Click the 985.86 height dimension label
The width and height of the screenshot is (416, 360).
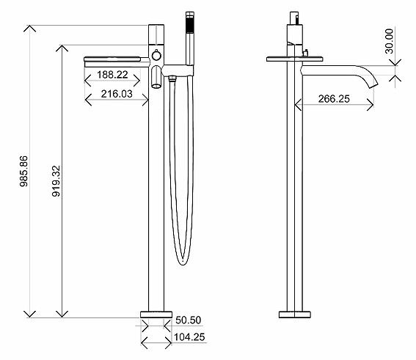click(24, 172)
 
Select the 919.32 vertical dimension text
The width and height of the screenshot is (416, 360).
click(56, 181)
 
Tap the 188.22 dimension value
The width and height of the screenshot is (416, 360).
click(112, 75)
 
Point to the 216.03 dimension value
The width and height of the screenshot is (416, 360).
click(117, 94)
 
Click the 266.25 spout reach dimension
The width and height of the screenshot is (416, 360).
click(334, 99)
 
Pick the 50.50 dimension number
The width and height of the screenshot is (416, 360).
click(189, 320)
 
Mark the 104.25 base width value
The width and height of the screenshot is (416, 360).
click(189, 337)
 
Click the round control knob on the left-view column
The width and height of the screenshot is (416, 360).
click(156, 56)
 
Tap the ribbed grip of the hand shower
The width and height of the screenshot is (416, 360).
click(190, 25)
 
